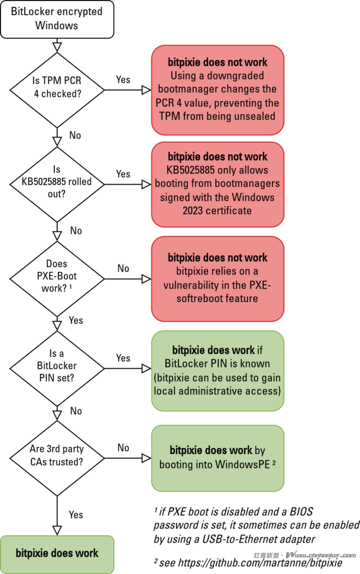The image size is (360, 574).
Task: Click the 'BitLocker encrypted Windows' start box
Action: pyautogui.click(x=57, y=18)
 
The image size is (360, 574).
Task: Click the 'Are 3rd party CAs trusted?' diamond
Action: pyautogui.click(x=57, y=458)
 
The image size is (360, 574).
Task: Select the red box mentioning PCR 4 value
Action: pyautogui.click(x=218, y=90)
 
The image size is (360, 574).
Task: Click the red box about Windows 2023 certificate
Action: pyautogui.click(x=218, y=184)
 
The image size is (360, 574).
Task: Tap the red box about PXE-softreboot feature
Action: pyautogui.click(x=218, y=278)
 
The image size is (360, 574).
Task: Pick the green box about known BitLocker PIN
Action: pyautogui.click(x=218, y=371)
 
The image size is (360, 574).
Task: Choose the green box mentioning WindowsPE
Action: pyautogui.click(x=218, y=457)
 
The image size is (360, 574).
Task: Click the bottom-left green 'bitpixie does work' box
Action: pyautogui.click(x=57, y=553)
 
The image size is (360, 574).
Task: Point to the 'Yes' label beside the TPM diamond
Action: pyautogui.click(x=123, y=80)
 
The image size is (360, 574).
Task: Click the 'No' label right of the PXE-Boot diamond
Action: pyautogui.click(x=123, y=268)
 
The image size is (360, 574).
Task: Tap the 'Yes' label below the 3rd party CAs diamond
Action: pyautogui.click(x=76, y=515)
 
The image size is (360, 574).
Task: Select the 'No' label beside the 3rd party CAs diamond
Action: pyautogui.click(x=123, y=448)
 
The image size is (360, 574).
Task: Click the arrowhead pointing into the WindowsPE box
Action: pyautogui.click(x=146, y=458)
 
